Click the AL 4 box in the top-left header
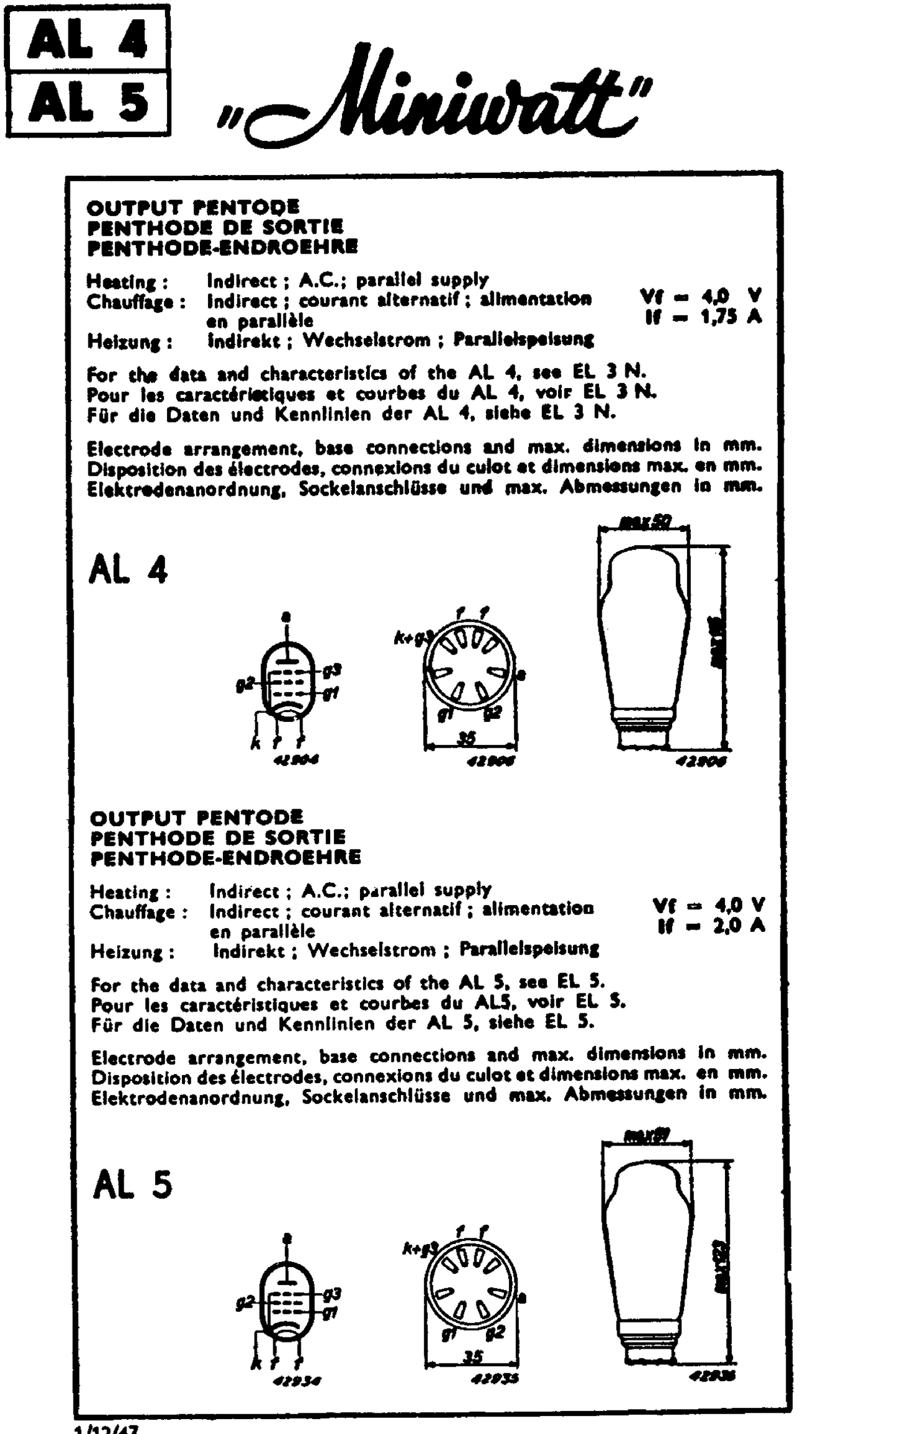(x=87, y=39)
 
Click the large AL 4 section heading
(x=128, y=569)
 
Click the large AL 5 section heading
(x=132, y=1184)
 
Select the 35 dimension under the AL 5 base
(x=471, y=1356)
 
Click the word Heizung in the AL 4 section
(x=129, y=342)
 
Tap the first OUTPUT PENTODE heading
(x=192, y=207)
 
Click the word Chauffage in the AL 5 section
(x=138, y=913)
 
